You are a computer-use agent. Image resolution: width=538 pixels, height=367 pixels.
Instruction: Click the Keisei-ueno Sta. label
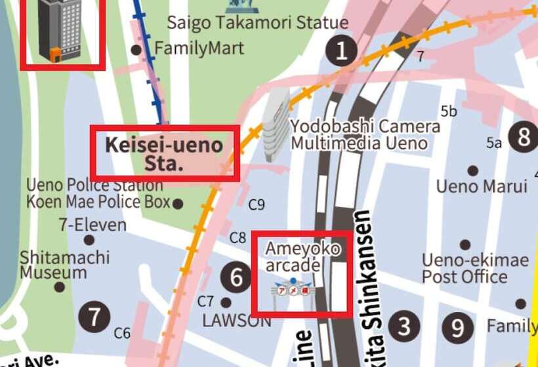pyautogui.click(x=165, y=153)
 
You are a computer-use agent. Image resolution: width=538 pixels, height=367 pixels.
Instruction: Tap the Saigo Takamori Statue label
pyautogui.click(x=257, y=23)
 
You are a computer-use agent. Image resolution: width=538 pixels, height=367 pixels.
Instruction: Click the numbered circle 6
pyautogui.click(x=236, y=277)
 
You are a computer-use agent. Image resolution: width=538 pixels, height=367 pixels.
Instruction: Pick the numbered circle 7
pyautogui.click(x=94, y=318)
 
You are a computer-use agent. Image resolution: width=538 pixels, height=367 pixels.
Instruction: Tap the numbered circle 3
pyautogui.click(x=403, y=326)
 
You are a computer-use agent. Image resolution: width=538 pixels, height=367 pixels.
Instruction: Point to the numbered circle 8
pyautogui.click(x=524, y=137)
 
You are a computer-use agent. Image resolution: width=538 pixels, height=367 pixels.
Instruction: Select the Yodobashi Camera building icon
pyautogui.click(x=275, y=125)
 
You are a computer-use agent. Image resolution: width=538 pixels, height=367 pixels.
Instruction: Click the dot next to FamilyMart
pyautogui.click(x=136, y=50)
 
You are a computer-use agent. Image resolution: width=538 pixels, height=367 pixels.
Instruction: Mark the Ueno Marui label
pyautogui.click(x=482, y=187)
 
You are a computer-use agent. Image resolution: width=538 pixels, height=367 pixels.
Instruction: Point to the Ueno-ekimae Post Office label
pyautogui.click(x=474, y=269)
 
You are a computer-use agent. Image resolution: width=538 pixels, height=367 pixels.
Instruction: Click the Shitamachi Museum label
pyautogui.click(x=64, y=265)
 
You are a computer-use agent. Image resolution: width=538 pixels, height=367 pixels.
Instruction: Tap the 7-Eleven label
pyautogui.click(x=92, y=225)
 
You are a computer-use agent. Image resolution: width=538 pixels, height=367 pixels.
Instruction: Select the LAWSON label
pyautogui.click(x=236, y=321)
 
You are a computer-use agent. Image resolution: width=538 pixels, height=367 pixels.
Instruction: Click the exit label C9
pyautogui.click(x=257, y=206)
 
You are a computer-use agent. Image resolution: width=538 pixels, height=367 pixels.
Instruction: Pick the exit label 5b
pyautogui.click(x=449, y=111)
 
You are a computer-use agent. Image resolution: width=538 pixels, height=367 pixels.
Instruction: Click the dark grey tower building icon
pyautogui.click(x=60, y=29)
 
